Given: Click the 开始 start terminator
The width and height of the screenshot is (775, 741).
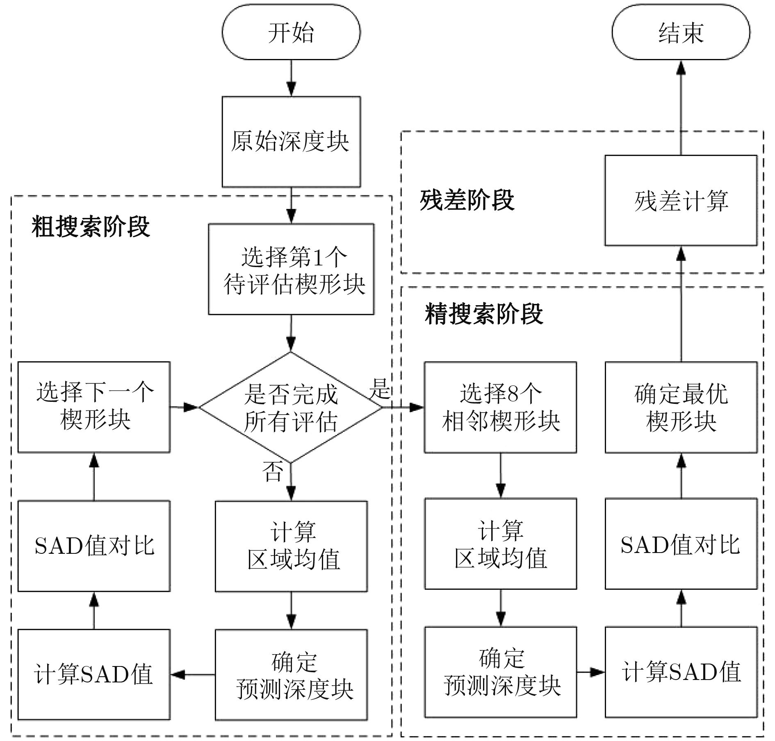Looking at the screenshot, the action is coord(291,32).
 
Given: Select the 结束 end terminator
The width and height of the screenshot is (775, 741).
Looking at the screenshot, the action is coord(681,32).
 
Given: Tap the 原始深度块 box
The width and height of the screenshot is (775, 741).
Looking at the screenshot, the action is coord(291,142).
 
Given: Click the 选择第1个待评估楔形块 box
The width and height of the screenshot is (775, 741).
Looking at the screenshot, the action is coord(291,269).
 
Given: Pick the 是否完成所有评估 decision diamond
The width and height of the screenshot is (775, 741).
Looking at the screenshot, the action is coord(291,407).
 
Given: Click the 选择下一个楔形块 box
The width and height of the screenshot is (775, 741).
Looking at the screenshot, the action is coord(94,407).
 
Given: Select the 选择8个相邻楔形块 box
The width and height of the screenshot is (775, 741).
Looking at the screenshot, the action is coord(500,407).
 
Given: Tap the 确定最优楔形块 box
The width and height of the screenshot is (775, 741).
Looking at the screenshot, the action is coord(681,407).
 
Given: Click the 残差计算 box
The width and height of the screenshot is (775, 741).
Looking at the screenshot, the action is coord(681,200).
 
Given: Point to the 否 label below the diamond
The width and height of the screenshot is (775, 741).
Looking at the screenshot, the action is coord(273,471).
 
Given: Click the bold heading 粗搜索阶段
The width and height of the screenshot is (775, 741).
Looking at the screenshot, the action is coord(91,227).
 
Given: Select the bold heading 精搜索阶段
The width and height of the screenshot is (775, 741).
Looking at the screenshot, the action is coord(484,314).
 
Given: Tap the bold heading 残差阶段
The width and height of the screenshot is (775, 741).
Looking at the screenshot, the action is coord(467,200).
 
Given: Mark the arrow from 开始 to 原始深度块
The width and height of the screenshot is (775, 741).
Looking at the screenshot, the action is coord(291,78).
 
